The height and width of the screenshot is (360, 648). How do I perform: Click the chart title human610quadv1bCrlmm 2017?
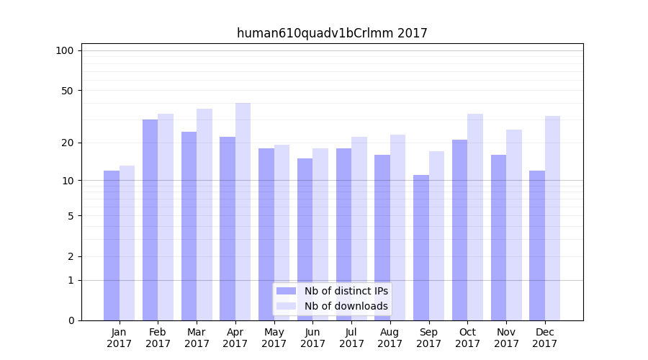[x=332, y=33]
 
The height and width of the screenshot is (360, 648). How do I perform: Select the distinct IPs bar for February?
[x=150, y=220]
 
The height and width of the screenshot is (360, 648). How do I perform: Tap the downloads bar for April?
[x=243, y=212]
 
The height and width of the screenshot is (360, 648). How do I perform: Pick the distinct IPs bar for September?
[x=421, y=248]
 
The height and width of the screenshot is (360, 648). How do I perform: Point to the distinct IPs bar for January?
[x=112, y=246]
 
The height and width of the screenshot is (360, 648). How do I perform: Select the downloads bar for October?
[x=475, y=217]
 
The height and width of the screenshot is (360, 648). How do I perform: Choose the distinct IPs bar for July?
[x=343, y=234]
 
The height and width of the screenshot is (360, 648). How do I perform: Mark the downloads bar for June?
[x=320, y=234]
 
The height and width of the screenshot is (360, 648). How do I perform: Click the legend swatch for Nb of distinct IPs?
[x=286, y=291]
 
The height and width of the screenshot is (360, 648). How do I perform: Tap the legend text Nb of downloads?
[x=346, y=306]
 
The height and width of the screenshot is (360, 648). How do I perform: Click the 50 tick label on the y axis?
[x=67, y=91]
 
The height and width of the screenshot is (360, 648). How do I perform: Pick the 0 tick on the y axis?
[x=71, y=320]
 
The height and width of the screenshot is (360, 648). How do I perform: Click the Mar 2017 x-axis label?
[x=197, y=338]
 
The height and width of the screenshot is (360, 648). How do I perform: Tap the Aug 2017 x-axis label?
[x=390, y=338]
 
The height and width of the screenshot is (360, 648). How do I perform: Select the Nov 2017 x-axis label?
[x=506, y=338]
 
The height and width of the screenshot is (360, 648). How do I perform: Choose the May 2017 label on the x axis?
[x=274, y=338]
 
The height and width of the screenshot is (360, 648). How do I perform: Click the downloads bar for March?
[x=204, y=215]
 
